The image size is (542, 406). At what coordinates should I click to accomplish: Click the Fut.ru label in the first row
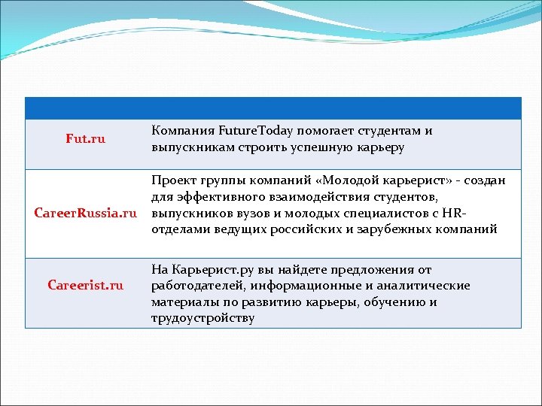pos(86,139)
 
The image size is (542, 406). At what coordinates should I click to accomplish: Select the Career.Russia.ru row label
pos(87,213)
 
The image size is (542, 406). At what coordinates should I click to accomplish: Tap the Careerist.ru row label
pos(85,285)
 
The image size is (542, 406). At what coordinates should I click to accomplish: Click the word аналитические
pos(424,286)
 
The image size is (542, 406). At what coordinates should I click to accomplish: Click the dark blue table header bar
pos(273,108)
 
